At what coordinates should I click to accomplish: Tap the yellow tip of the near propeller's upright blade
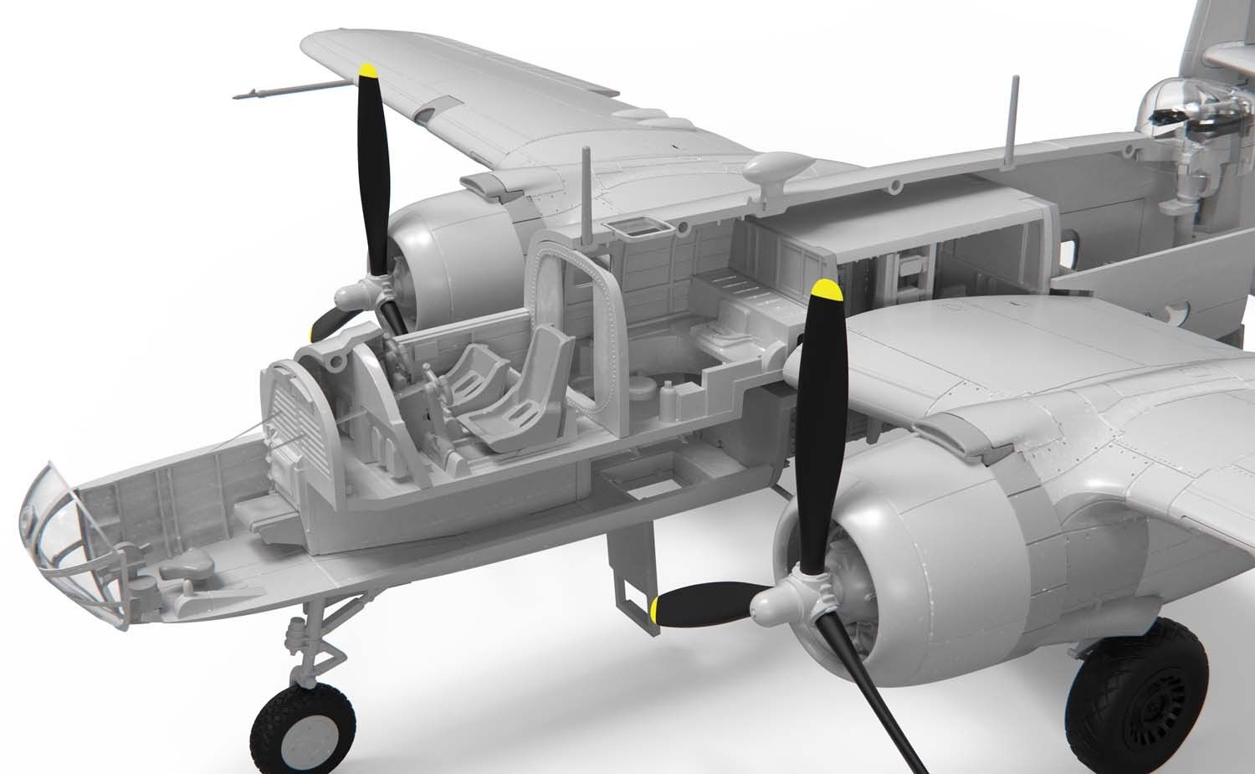tap(826, 290)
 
